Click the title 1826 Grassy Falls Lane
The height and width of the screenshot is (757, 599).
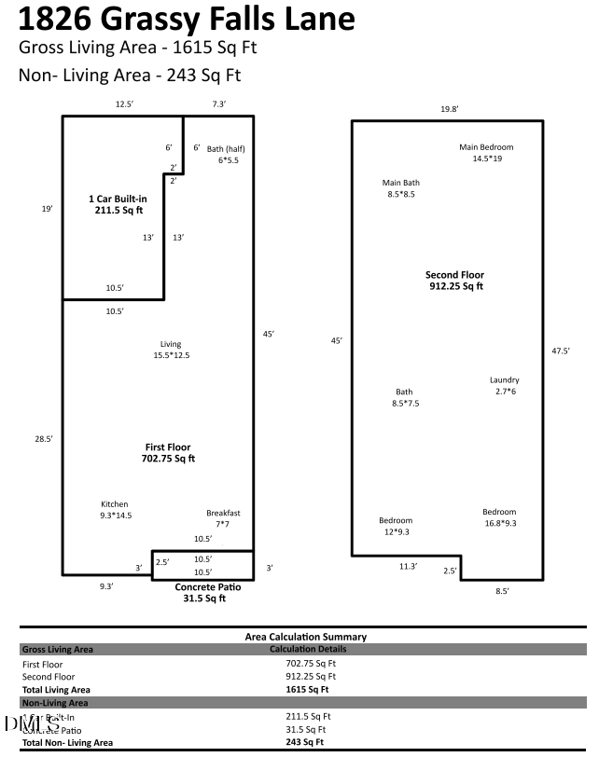coord(187,19)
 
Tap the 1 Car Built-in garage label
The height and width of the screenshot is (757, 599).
coord(118,204)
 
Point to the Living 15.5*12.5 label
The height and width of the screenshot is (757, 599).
coord(170,350)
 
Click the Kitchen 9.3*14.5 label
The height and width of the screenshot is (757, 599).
coord(116,509)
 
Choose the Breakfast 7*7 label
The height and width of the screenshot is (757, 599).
coord(223,518)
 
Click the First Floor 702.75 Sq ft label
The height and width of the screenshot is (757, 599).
coord(169,452)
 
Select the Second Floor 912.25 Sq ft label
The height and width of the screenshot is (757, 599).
coord(454,281)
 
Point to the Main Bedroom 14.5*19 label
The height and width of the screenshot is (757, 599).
coord(486,153)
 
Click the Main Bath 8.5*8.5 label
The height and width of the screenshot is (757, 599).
coord(400,188)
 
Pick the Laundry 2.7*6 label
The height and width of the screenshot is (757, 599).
coord(504,385)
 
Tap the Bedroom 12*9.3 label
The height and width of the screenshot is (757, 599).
coord(395,526)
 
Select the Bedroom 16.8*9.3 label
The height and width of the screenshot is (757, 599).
coord(498,517)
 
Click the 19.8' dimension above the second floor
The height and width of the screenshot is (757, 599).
coord(449,109)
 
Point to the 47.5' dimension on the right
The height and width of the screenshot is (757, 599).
coord(560,351)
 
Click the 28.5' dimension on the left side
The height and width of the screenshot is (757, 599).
coord(43,437)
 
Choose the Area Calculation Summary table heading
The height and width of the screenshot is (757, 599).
coord(305,637)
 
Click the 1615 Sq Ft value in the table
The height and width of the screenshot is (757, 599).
coord(306,689)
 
